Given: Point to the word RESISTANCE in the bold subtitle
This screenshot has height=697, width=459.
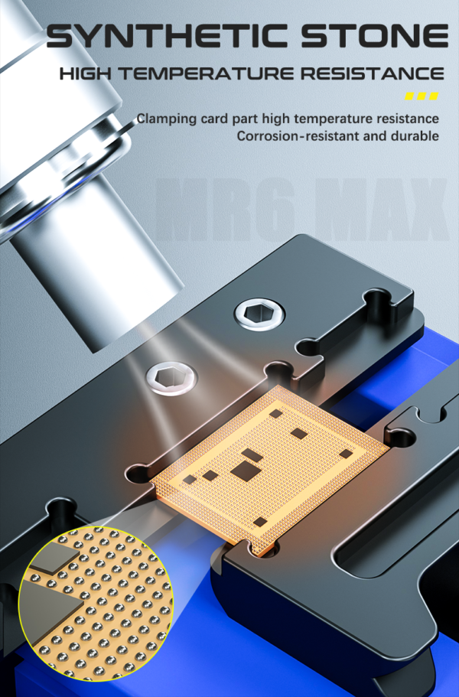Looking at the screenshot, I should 367,74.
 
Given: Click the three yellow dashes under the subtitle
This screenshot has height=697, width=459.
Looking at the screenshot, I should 422,97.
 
